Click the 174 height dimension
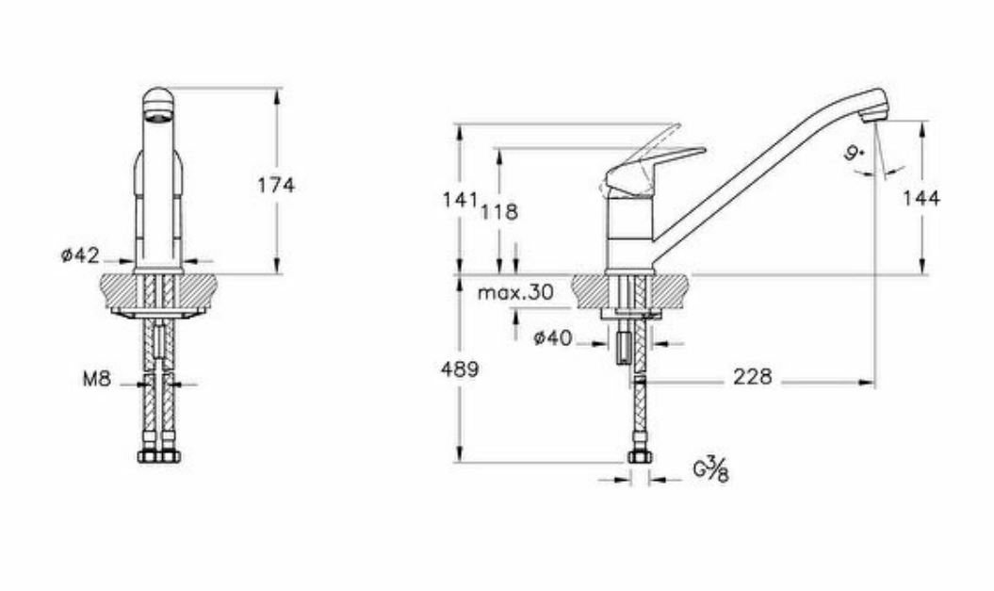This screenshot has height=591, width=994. click(x=276, y=186)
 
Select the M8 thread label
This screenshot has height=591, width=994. click(x=97, y=380)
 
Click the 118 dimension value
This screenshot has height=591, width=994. click(x=499, y=212)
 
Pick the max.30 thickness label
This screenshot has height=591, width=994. click(x=514, y=292)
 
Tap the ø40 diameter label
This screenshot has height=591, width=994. click(x=552, y=338)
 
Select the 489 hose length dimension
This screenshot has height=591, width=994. click(x=460, y=369)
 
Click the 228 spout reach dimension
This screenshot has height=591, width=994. click(x=752, y=377)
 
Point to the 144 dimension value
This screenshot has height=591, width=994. click(x=921, y=198)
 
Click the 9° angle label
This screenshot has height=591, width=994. click(x=855, y=153)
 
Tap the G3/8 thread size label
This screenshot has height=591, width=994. click(x=711, y=468)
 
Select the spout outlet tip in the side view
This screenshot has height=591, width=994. click(x=875, y=113)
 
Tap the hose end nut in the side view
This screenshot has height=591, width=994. click(x=640, y=457)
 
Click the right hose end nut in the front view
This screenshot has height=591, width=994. click(x=171, y=456)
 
